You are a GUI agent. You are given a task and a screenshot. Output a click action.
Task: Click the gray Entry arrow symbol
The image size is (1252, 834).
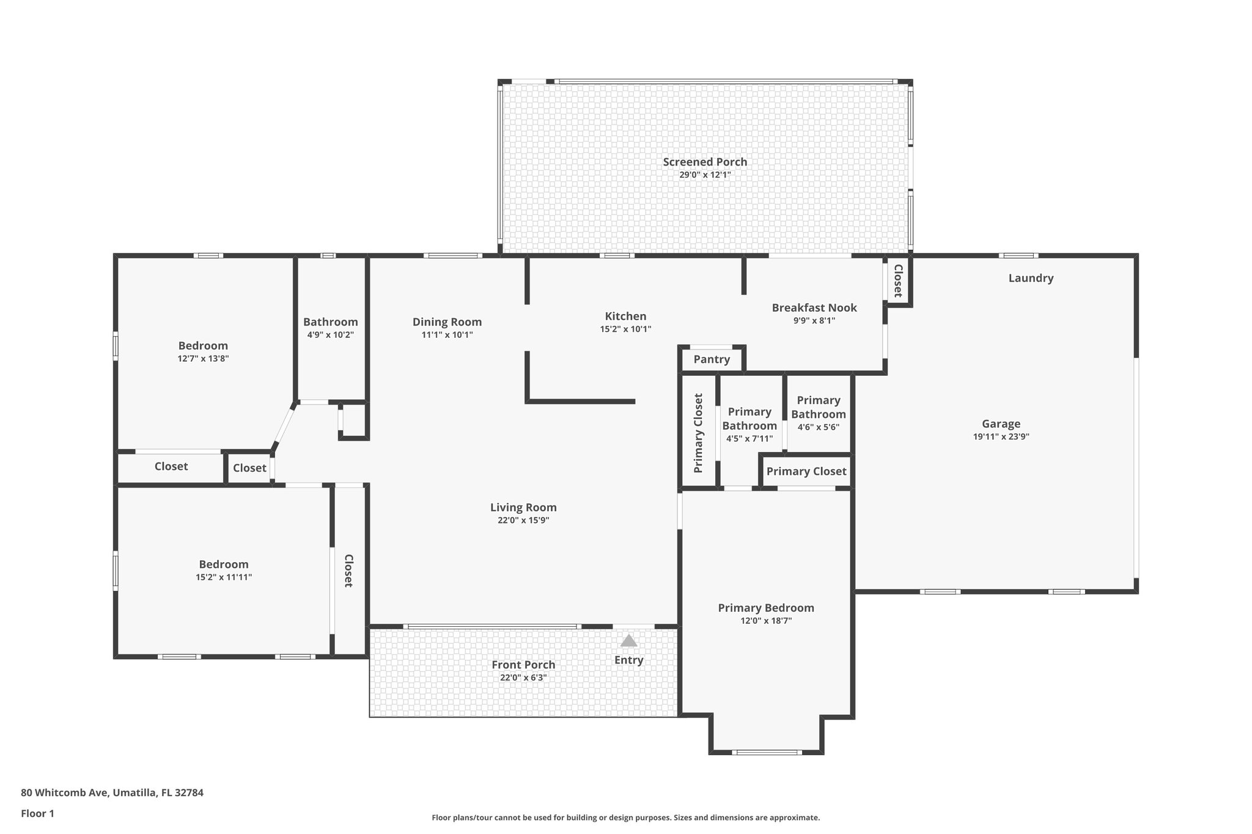coord(628,640)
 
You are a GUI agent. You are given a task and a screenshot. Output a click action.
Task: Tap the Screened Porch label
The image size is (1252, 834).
coord(705,162)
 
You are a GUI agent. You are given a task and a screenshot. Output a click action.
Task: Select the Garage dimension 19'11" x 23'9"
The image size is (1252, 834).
coord(1001,437)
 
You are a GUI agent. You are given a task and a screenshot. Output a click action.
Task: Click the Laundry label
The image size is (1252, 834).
coord(1031,278)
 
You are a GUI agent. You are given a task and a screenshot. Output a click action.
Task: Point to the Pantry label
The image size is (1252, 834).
coord(712,359)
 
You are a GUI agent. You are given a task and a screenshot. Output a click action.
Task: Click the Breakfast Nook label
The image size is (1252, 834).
coord(814,308)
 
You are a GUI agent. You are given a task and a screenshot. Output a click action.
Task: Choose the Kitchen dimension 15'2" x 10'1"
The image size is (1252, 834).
coord(625,329)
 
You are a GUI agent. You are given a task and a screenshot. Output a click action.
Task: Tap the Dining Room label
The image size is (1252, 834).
coord(447,322)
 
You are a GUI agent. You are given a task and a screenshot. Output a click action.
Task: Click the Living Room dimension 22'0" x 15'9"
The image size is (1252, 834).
coord(523,521)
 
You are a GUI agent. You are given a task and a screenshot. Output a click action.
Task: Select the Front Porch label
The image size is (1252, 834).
coord(523,665)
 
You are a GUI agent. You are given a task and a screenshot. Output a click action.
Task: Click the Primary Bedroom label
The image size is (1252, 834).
coord(765,608)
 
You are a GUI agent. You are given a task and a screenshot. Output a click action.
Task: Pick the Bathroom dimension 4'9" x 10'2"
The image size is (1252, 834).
coord(330,335)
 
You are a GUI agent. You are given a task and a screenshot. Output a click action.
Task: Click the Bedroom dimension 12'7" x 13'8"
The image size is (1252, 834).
coord(203,359)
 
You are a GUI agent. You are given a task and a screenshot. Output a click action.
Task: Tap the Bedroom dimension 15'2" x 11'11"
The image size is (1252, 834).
coord(224,577)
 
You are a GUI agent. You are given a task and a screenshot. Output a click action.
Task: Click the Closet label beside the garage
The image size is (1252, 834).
coord(898,281)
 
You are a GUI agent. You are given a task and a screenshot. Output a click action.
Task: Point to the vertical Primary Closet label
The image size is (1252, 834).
coord(698,433)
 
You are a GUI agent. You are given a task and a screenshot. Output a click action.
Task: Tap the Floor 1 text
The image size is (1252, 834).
coord(37,813)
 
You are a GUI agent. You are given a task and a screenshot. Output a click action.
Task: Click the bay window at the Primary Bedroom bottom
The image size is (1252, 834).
coord(767,752)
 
